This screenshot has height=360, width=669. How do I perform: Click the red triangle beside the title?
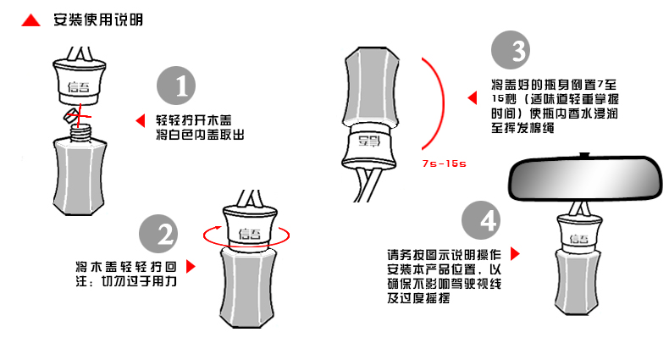point(30,21)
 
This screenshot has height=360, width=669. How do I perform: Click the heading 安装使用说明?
point(98,19)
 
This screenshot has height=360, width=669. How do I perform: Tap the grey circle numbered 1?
point(176,86)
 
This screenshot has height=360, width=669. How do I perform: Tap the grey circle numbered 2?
point(158,234)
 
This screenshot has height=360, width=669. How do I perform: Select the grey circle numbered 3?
point(511,50)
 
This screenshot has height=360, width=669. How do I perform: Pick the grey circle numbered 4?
point(481,220)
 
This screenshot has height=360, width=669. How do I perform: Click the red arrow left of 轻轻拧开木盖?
point(141,121)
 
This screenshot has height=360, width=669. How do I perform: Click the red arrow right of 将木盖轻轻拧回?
point(191,267)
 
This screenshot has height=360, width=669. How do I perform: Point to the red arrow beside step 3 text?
point(472,97)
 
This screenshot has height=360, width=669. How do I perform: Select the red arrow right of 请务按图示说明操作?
point(515,254)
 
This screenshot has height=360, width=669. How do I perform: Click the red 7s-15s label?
point(444,163)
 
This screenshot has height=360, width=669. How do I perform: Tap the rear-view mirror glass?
point(584,179)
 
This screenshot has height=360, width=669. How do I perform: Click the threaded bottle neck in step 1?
point(80,132)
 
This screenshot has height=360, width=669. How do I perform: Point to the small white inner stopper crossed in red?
point(71,115)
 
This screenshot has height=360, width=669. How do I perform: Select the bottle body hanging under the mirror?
point(578,282)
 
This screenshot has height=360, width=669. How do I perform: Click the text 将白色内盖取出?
point(200,136)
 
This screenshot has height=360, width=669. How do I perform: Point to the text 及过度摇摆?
point(418,298)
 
